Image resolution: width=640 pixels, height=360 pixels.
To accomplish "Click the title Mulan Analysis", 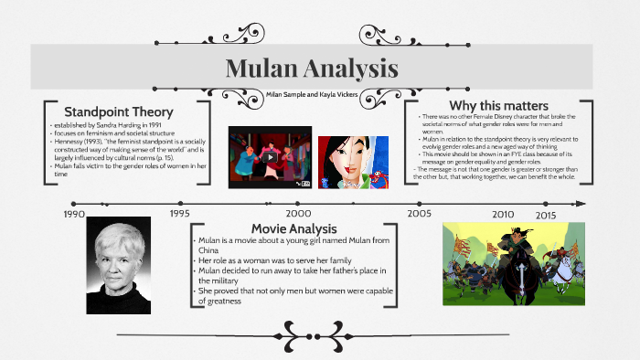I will (x=311, y=69).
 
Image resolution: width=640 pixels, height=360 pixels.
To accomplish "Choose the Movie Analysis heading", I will (x=294, y=228).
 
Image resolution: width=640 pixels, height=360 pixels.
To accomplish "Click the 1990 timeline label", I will (x=74, y=214).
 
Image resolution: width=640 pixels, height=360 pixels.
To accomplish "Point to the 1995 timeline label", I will (x=181, y=213).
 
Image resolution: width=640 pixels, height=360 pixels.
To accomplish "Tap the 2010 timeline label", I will (x=504, y=214).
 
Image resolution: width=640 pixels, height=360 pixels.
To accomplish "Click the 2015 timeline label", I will (x=546, y=215).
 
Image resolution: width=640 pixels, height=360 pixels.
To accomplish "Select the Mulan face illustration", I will (x=352, y=163).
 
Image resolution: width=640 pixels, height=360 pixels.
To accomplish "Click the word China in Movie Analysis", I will (x=208, y=249).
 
